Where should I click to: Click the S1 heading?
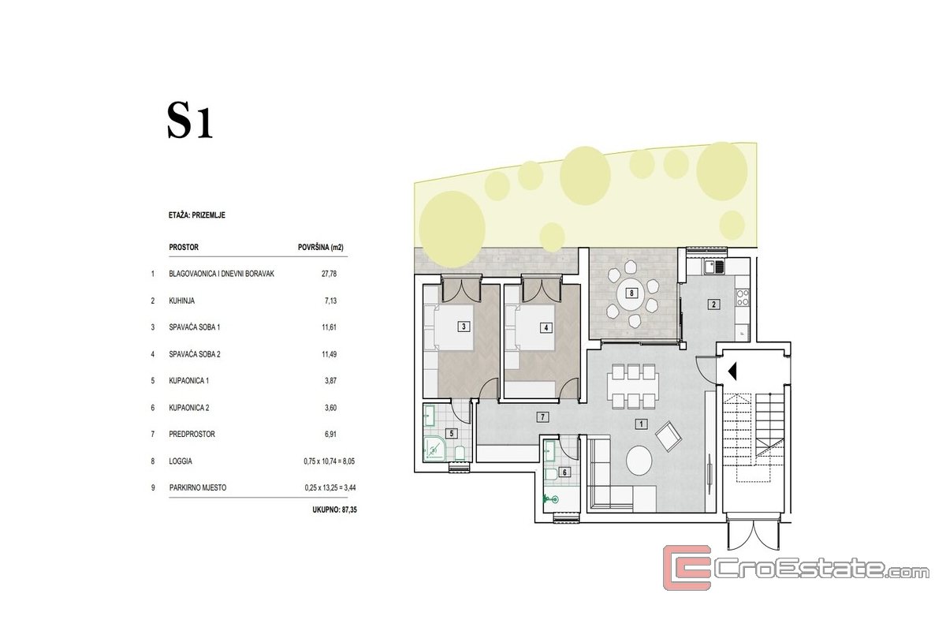pyautogui.click(x=190, y=121)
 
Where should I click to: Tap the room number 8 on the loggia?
pyautogui.click(x=631, y=293)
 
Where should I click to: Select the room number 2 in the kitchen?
pyautogui.click(x=713, y=304)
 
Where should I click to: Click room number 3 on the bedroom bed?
pyautogui.click(x=464, y=327)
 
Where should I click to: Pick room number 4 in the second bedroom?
pyautogui.click(x=546, y=327)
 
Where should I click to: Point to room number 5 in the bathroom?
pyautogui.click(x=452, y=433)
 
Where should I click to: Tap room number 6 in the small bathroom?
pyautogui.click(x=564, y=472)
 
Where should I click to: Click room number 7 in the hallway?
pyautogui.click(x=542, y=417)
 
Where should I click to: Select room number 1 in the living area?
pyautogui.click(x=641, y=424)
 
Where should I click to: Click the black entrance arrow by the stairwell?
pyautogui.click(x=732, y=372)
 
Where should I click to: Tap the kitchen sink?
pyautogui.click(x=713, y=267)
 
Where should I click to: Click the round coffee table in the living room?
pyautogui.click(x=639, y=461)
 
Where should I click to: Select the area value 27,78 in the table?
pyautogui.click(x=329, y=274)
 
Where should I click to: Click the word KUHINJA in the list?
pyautogui.click(x=181, y=301)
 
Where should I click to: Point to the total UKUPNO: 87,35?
pyautogui.click(x=334, y=510)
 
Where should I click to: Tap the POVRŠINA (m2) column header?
pyautogui.click(x=321, y=247)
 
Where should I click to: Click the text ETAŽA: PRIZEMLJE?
pyautogui.click(x=197, y=215)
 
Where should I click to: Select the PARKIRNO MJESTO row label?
pyautogui.click(x=198, y=487)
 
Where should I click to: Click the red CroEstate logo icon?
pyautogui.click(x=687, y=567)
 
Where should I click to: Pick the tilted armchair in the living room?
pyautogui.click(x=669, y=436)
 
